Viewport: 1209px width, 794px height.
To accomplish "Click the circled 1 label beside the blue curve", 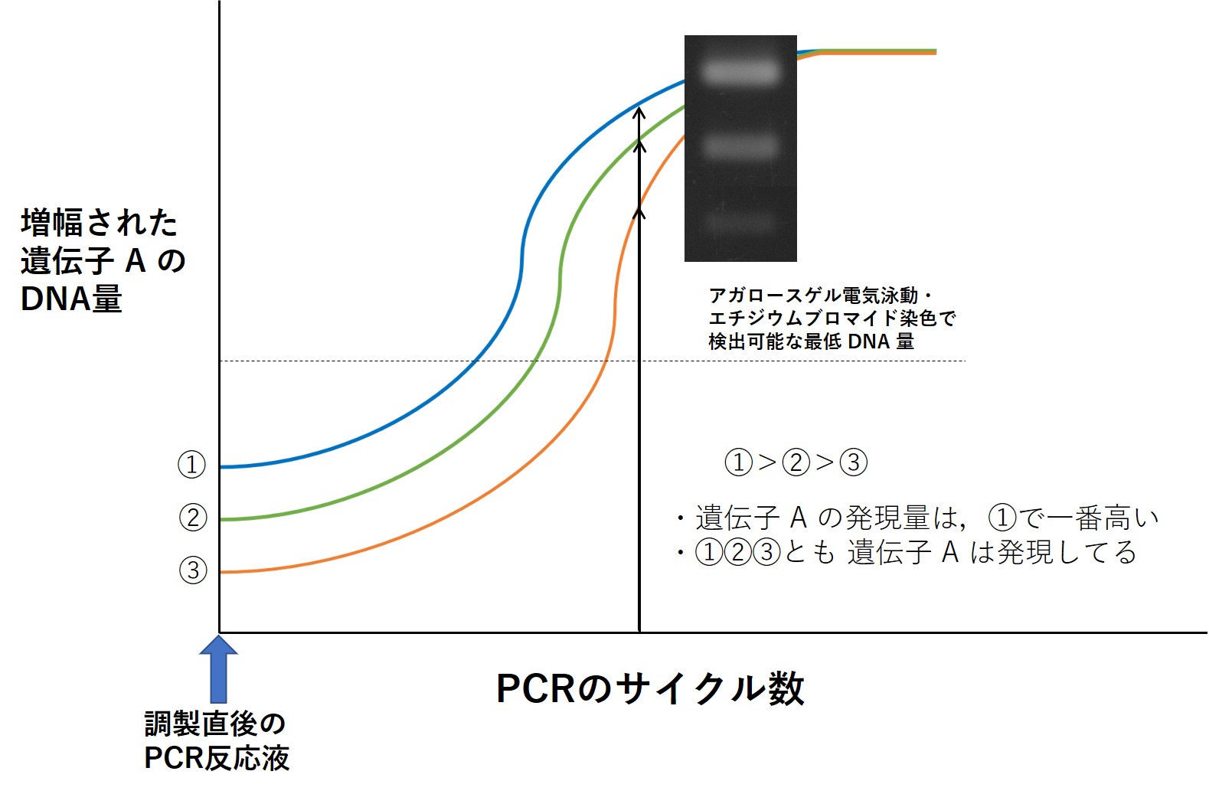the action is point(191,465).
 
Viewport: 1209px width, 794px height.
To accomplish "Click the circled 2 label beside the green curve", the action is point(193,517).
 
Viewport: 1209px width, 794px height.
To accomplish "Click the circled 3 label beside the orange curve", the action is point(193,570).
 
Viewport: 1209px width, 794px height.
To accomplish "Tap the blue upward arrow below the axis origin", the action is point(218,669).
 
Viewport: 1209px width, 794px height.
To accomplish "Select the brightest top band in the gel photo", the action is point(740,72).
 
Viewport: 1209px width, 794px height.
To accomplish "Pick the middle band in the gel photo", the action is point(740,145).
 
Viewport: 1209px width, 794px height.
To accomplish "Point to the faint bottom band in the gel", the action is point(740,221).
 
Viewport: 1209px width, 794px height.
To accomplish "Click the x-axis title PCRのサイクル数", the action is point(650,689).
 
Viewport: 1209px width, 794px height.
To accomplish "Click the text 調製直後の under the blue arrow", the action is point(215,724).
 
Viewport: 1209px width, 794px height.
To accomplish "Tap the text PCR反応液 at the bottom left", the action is point(217,758).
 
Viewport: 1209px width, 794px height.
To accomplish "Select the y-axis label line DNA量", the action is point(71,299).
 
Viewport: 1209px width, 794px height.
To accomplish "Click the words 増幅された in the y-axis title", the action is point(100,223).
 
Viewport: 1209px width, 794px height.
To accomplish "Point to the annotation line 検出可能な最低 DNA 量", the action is point(811,341).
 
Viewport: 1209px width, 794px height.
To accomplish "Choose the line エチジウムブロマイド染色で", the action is point(832,319).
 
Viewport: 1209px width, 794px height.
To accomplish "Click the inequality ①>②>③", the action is point(796,462).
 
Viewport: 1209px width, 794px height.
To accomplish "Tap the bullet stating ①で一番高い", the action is point(917,518).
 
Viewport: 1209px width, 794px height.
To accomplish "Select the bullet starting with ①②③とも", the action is point(907,552).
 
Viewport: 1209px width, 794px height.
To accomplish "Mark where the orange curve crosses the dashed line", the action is point(606,361).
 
